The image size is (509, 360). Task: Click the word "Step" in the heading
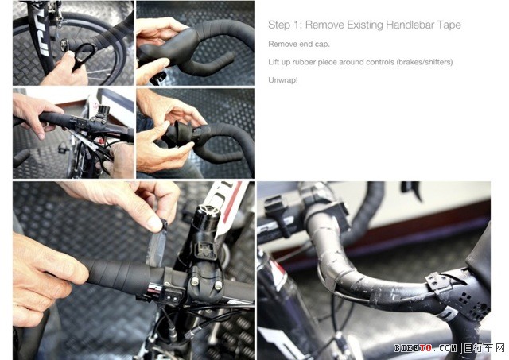tap(279, 25)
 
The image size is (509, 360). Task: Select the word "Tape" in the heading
tap(449, 25)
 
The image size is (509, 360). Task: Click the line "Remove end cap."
tap(299, 45)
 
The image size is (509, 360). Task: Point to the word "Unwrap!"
tap(283, 80)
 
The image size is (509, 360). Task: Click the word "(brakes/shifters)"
tap(425, 62)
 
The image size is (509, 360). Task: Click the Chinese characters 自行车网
tap(484, 348)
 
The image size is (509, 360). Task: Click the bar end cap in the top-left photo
tap(64, 44)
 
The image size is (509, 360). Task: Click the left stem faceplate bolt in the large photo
tap(194, 281)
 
